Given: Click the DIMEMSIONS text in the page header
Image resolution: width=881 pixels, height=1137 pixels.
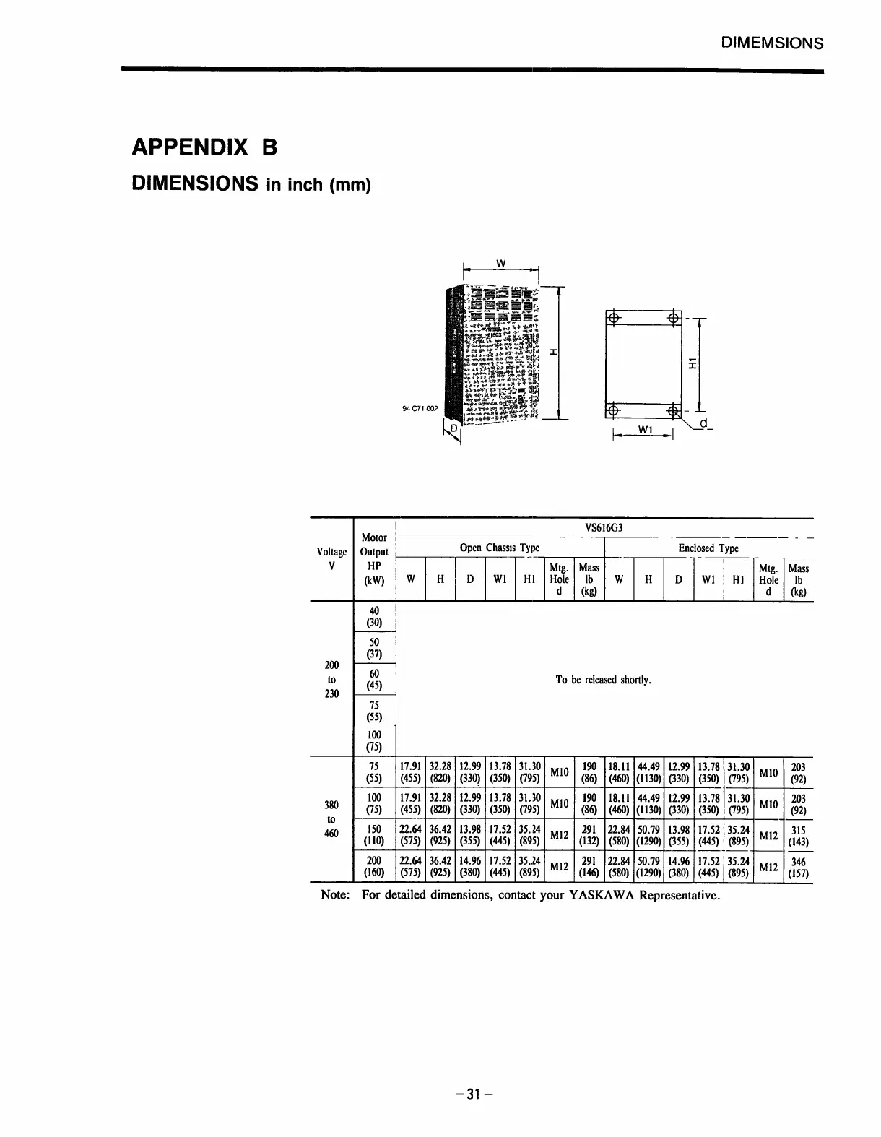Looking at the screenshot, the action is pyautogui.click(x=772, y=43).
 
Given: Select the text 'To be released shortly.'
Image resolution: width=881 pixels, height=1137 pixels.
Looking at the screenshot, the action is pyautogui.click(x=604, y=680).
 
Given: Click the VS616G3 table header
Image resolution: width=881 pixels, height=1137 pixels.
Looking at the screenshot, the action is pyautogui.click(x=604, y=528).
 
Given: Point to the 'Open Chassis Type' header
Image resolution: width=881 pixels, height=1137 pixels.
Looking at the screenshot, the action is pyautogui.click(x=500, y=548).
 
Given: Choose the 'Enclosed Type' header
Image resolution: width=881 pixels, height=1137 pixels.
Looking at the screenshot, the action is pyautogui.click(x=708, y=548).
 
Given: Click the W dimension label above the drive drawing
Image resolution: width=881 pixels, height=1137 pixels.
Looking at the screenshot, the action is pyautogui.click(x=501, y=263).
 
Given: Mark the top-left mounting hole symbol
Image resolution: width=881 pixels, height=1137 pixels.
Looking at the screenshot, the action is pyautogui.click(x=612, y=319).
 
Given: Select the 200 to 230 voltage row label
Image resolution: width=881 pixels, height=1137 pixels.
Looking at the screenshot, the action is pyautogui.click(x=331, y=680).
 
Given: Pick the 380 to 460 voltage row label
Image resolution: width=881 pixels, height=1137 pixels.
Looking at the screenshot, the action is pyautogui.click(x=331, y=820).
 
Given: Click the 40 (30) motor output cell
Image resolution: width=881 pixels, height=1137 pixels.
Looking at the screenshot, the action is pyautogui.click(x=375, y=616).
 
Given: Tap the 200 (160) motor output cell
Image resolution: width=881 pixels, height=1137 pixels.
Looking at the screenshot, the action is pyautogui.click(x=375, y=867).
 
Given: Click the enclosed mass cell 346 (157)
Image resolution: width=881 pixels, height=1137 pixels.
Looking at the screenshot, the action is pyautogui.click(x=798, y=867).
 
